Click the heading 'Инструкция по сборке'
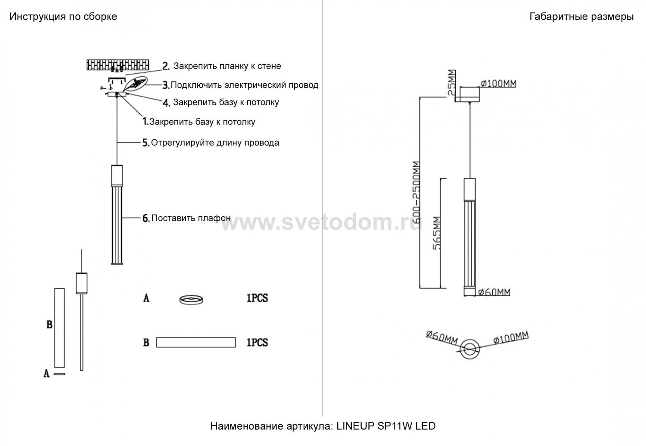pos(63,17)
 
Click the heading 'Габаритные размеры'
pos(581,17)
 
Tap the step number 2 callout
pos(166,66)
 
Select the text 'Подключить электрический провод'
pos(245,85)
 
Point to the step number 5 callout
pos(146,143)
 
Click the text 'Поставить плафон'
pos(191,218)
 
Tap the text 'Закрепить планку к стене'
pos(227,66)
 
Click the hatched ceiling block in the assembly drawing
pos(118,65)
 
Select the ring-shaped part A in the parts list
pos(191,300)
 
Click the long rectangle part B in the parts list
pos(196,343)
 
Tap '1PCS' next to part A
pos(257,298)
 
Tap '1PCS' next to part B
pos(257,343)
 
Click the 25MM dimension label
pos(452,82)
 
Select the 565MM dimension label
pos(437,233)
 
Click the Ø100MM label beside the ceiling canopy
pos(498,84)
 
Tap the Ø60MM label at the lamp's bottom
pos(494,292)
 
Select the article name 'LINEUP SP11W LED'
pos(386,426)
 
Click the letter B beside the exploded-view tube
pos(50,324)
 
